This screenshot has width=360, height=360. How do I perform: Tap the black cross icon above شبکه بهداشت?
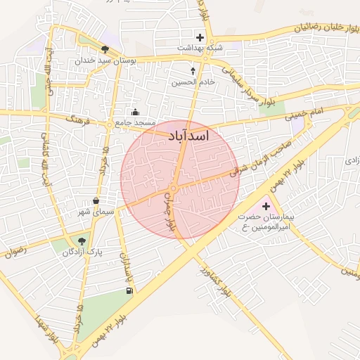click(200, 37)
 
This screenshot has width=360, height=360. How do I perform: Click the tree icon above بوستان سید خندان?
click(105, 49)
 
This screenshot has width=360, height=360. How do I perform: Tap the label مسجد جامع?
click(136, 123)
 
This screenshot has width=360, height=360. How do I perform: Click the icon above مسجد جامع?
click(136, 112)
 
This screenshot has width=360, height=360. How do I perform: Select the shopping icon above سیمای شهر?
click(96, 201)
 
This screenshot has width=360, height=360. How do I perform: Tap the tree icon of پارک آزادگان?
click(84, 240)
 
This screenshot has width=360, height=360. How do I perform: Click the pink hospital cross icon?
click(266, 206)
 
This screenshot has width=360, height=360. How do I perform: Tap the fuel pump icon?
click(128, 290)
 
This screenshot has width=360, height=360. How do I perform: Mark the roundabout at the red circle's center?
click(172, 190)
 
